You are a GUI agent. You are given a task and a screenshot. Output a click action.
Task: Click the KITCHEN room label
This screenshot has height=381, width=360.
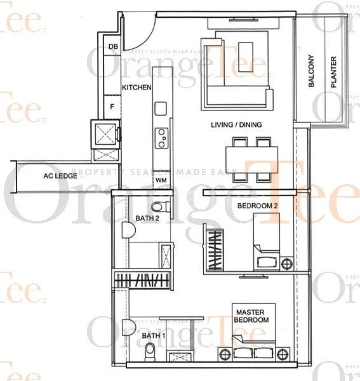click(x=136, y=87)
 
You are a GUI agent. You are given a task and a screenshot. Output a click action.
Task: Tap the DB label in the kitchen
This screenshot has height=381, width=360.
click(x=113, y=46)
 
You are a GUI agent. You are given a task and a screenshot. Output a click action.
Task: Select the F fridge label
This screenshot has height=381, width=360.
click(x=112, y=107)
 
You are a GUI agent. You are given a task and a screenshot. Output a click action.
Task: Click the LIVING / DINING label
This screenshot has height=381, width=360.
click(x=236, y=124)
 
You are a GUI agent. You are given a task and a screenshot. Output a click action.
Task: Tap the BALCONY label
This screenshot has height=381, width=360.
click(x=312, y=76)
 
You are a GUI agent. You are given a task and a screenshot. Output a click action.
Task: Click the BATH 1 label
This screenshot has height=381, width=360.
click(x=151, y=335)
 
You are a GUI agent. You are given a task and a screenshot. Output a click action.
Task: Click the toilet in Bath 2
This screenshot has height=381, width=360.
click(x=160, y=206)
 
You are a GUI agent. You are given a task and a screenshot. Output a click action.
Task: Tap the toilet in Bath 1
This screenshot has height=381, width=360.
click(x=150, y=352)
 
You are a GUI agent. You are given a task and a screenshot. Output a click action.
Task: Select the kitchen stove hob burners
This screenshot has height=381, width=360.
click(x=162, y=138)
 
